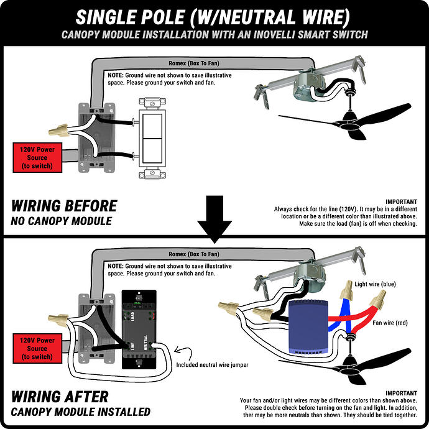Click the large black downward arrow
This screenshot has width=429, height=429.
pyautogui.click(x=214, y=219)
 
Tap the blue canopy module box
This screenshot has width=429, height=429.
pyautogui.click(x=308, y=327)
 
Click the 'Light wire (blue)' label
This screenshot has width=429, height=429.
pyautogui.click(x=375, y=284)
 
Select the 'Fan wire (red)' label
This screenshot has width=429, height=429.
pyautogui.click(x=390, y=323)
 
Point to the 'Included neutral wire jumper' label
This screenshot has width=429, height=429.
pyautogui.click(x=212, y=365)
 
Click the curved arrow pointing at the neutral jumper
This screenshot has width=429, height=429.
pyautogui.click(x=183, y=353)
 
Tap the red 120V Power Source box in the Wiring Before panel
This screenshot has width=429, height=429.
pyautogui.click(x=37, y=157)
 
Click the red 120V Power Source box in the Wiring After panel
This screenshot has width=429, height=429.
pyautogui.click(x=37, y=348)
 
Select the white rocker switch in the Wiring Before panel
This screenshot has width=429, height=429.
pyautogui.click(x=152, y=138)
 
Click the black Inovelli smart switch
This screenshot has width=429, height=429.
pyautogui.click(x=139, y=330)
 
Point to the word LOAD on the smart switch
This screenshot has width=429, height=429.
pyautogui.click(x=132, y=316)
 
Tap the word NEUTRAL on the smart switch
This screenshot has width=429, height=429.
pyautogui.click(x=145, y=343)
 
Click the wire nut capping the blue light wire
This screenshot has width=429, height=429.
pyautogui.click(x=347, y=290)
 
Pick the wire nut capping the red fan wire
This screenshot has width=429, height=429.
pyautogui.click(x=378, y=300)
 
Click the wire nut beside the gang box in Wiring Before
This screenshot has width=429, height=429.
pyautogui.click(x=58, y=130)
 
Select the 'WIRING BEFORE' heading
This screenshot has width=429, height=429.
pyautogui.click(x=64, y=206)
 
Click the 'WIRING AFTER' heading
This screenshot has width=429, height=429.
pyautogui.click(x=60, y=397)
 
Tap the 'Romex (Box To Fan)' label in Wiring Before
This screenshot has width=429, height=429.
pyautogui.click(x=194, y=63)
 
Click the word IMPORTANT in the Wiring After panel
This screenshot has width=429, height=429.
pyautogui.click(x=402, y=393)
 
